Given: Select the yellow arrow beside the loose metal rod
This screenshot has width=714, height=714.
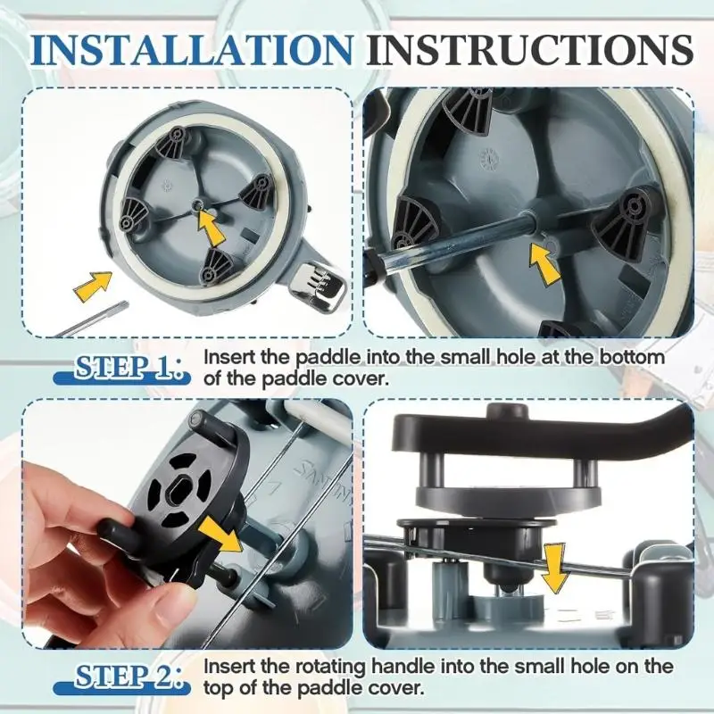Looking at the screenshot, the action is coord(94,283).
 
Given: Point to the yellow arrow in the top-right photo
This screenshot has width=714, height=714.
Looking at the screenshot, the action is coord(545,264).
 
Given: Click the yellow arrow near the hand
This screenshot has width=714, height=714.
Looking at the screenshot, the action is coord(220,534).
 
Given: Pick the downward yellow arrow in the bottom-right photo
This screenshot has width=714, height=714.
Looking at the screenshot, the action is coord(554,568).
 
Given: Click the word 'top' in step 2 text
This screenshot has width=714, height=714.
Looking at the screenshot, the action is coord(218,688).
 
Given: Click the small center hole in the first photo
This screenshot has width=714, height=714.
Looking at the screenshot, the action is coord(197,205).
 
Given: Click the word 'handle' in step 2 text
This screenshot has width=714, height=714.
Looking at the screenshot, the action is coord(403,667).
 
